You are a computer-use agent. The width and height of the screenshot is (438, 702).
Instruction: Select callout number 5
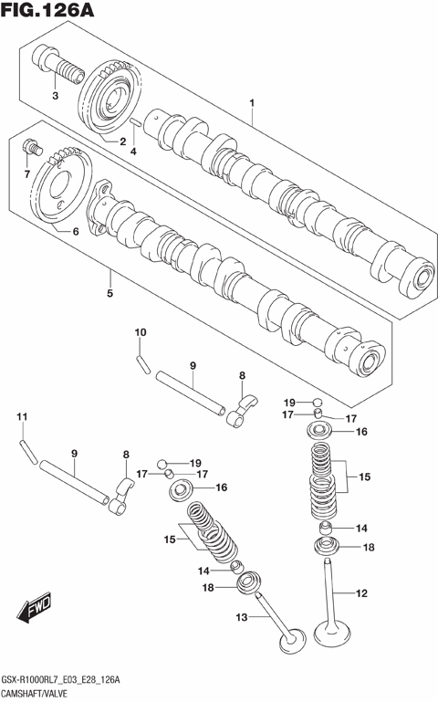coord(109,294)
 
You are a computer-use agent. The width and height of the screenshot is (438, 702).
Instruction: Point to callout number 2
coord(121,141)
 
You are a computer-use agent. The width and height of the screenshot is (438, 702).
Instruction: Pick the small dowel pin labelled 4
coord(134,121)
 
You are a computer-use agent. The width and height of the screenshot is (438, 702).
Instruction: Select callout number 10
coord(141,331)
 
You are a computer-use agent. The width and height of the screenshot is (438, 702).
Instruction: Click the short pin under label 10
coord(142,361)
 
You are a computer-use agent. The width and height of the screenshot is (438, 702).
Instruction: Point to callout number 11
coord(22,417)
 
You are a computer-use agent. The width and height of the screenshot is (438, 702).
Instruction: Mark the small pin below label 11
coord(28,447)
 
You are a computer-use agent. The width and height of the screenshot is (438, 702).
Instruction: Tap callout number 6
coord(76,232)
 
